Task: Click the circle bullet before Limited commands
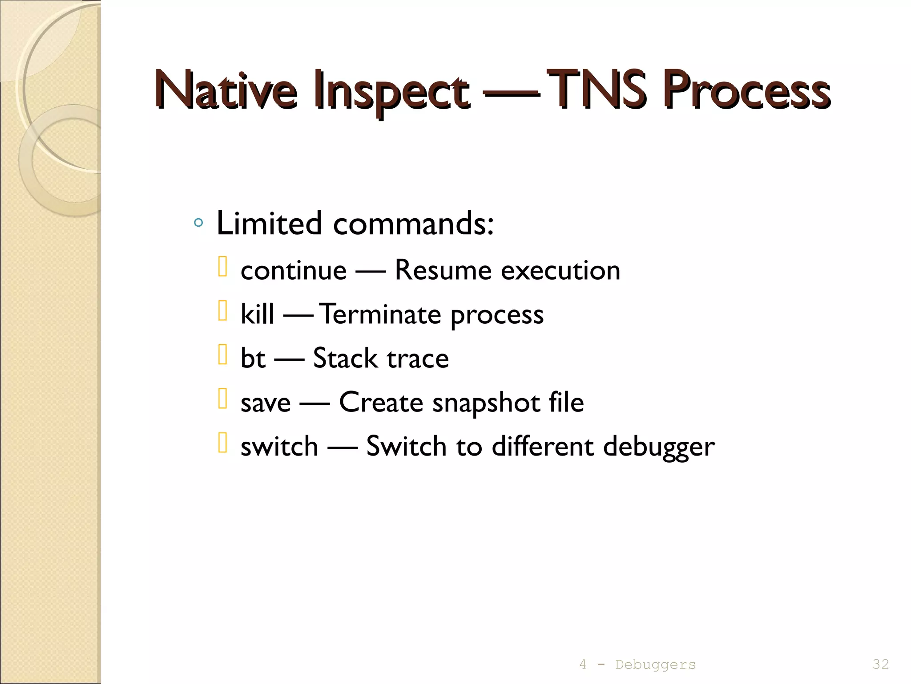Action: click(199, 223)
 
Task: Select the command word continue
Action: click(293, 270)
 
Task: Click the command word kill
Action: click(257, 314)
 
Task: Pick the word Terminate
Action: click(380, 314)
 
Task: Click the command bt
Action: click(253, 358)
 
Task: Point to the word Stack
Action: click(345, 358)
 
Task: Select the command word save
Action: click(266, 403)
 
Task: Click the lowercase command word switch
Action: click(279, 446)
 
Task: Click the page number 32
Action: click(880, 664)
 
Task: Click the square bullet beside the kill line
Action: click(223, 311)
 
